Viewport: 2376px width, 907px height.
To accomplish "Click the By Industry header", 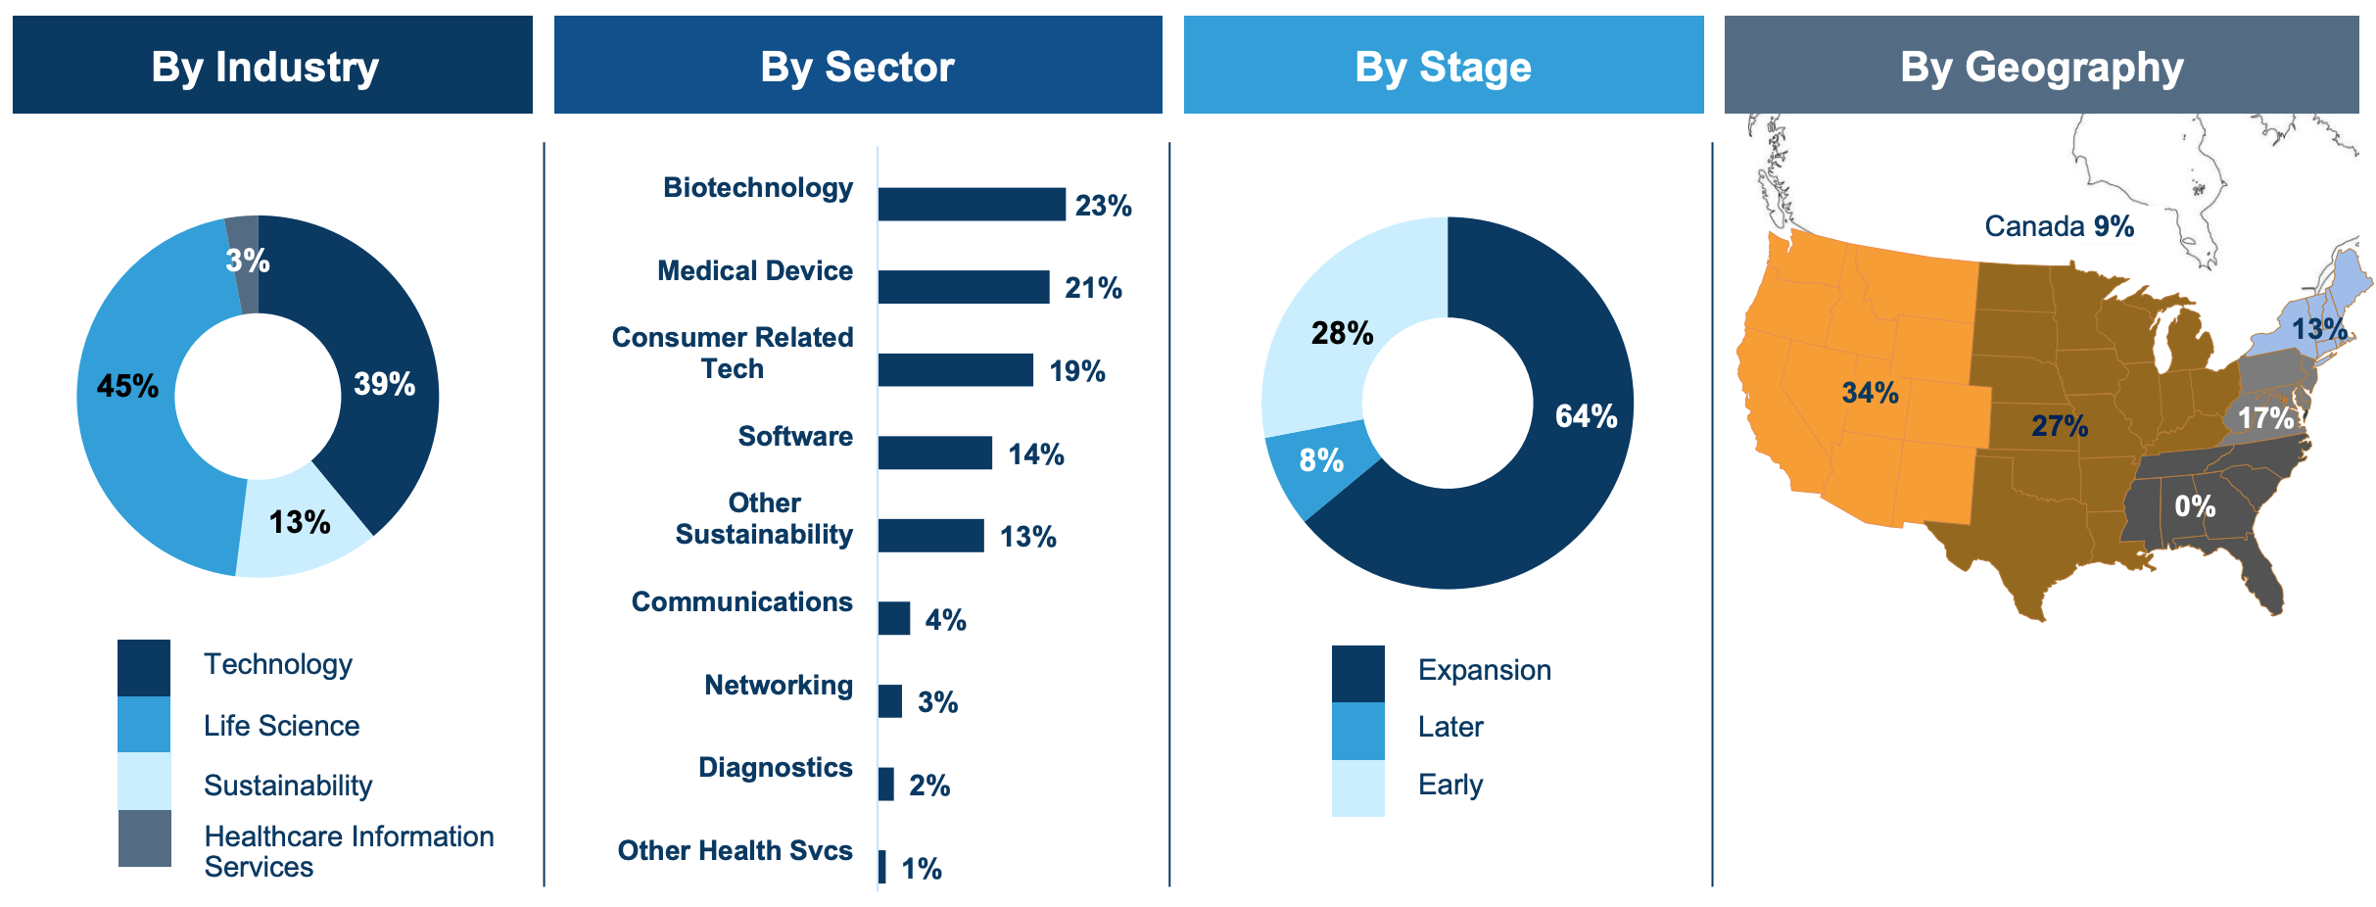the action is pyautogui.click(x=272, y=65).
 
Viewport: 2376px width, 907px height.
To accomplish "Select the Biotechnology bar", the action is pyautogui.click(x=972, y=205).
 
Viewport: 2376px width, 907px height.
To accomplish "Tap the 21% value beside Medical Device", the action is pyautogui.click(x=1093, y=288).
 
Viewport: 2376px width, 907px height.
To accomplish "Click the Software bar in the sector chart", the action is pyautogui.click(x=935, y=453).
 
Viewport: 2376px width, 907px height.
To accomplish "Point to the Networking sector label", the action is pyautogui.click(x=779, y=685).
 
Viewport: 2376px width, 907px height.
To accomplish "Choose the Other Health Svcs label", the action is pyautogui.click(x=735, y=850).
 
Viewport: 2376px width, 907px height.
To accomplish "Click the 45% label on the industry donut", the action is pyautogui.click(x=127, y=386).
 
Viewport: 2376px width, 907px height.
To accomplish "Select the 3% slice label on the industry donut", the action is pyautogui.click(x=248, y=261).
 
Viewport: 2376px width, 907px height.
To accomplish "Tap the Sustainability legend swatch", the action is pyautogui.click(x=144, y=782).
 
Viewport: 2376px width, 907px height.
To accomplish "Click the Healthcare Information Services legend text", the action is pyautogui.click(x=349, y=851).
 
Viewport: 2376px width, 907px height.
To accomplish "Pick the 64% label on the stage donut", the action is pyautogui.click(x=1587, y=416).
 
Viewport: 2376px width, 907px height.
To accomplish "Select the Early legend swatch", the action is pyautogui.click(x=1358, y=788).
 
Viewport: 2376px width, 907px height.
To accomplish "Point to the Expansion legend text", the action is pyautogui.click(x=1485, y=670).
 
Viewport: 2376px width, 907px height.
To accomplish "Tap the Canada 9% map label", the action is pyautogui.click(x=2060, y=226).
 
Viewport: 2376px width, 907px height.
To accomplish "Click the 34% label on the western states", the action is pyautogui.click(x=1871, y=393).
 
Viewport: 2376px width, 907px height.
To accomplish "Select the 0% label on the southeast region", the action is pyautogui.click(x=2195, y=506).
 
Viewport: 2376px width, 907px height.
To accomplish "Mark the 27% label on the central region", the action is pyautogui.click(x=2060, y=426).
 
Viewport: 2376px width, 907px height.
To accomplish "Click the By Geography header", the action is pyautogui.click(x=2042, y=65).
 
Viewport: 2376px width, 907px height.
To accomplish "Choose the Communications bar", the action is pyautogui.click(x=894, y=618).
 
